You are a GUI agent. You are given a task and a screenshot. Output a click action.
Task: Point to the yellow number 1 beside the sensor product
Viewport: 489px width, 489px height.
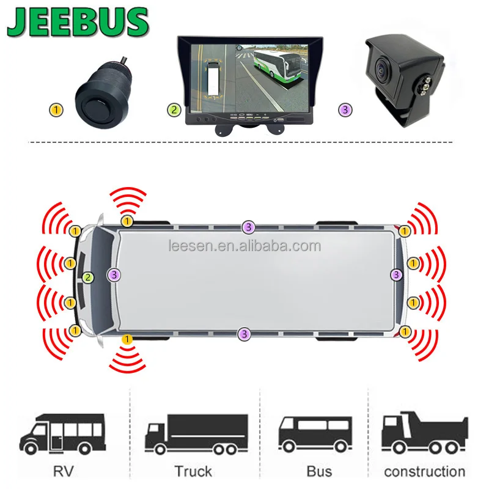tap(56, 111)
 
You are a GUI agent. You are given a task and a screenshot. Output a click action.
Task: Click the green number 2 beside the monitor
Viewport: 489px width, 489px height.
tap(175, 111)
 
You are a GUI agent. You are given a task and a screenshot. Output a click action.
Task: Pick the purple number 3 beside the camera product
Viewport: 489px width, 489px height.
tap(346, 111)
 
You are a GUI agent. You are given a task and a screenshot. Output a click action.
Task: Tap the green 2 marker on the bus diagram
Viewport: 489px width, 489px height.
tap(89, 278)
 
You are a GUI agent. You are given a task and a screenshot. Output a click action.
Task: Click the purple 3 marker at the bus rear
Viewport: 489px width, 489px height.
tap(397, 274)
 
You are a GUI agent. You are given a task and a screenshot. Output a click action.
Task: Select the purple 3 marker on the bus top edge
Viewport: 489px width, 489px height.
tap(248, 227)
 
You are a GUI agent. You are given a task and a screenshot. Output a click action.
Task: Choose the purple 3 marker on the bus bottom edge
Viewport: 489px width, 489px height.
tap(244, 334)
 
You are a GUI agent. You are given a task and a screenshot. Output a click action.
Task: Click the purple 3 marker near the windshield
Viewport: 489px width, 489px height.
tap(114, 275)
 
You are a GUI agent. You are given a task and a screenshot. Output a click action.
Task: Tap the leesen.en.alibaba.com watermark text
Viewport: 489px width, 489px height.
tap(244, 246)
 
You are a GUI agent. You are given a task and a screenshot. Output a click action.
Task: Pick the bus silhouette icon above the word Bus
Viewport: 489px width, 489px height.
tap(315, 433)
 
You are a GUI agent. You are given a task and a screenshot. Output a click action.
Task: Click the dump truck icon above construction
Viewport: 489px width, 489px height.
tap(424, 431)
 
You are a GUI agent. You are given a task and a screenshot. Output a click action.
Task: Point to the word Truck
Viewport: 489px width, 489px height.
tap(193, 471)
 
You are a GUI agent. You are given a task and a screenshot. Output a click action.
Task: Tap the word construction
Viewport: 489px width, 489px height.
tap(424, 471)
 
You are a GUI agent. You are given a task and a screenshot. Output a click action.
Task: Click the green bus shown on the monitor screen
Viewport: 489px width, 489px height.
tap(271, 67)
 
